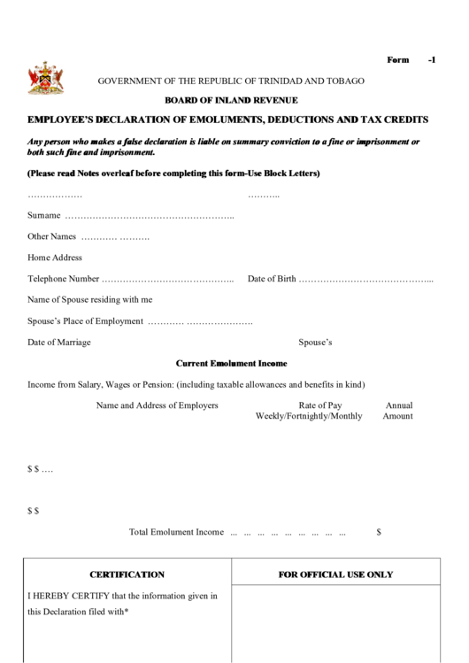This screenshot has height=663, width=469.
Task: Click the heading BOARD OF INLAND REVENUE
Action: coord(231,100)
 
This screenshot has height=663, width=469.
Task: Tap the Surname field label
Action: coord(44,215)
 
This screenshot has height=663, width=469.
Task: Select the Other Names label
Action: coord(52,236)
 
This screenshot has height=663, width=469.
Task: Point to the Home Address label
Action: coord(55,258)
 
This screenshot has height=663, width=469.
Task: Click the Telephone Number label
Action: coord(64,279)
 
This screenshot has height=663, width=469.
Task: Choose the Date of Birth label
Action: coord(272,279)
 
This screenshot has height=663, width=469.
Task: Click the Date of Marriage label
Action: coord(59,343)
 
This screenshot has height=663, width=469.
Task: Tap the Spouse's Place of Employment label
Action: coord(85,321)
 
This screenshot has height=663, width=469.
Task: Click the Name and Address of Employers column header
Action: coord(157,405)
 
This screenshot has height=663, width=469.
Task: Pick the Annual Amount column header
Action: coord(398,411)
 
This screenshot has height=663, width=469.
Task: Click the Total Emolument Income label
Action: coord(176,532)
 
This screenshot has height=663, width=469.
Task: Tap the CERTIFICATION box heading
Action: coord(127,574)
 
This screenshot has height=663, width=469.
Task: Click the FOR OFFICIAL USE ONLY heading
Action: coord(335,574)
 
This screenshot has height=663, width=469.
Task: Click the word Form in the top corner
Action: coord(398,60)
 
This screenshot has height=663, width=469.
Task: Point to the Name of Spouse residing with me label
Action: coord(90,300)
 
